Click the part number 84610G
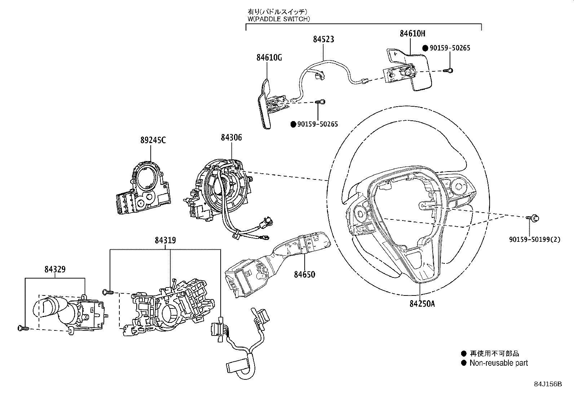[269, 57]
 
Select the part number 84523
[323, 39]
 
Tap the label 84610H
[412, 34]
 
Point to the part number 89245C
[153, 140]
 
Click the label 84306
[231, 137]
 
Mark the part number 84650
[304, 274]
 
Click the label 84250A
[422, 303]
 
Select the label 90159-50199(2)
[535, 239]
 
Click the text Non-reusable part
[498, 363]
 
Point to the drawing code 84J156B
[548, 384]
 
